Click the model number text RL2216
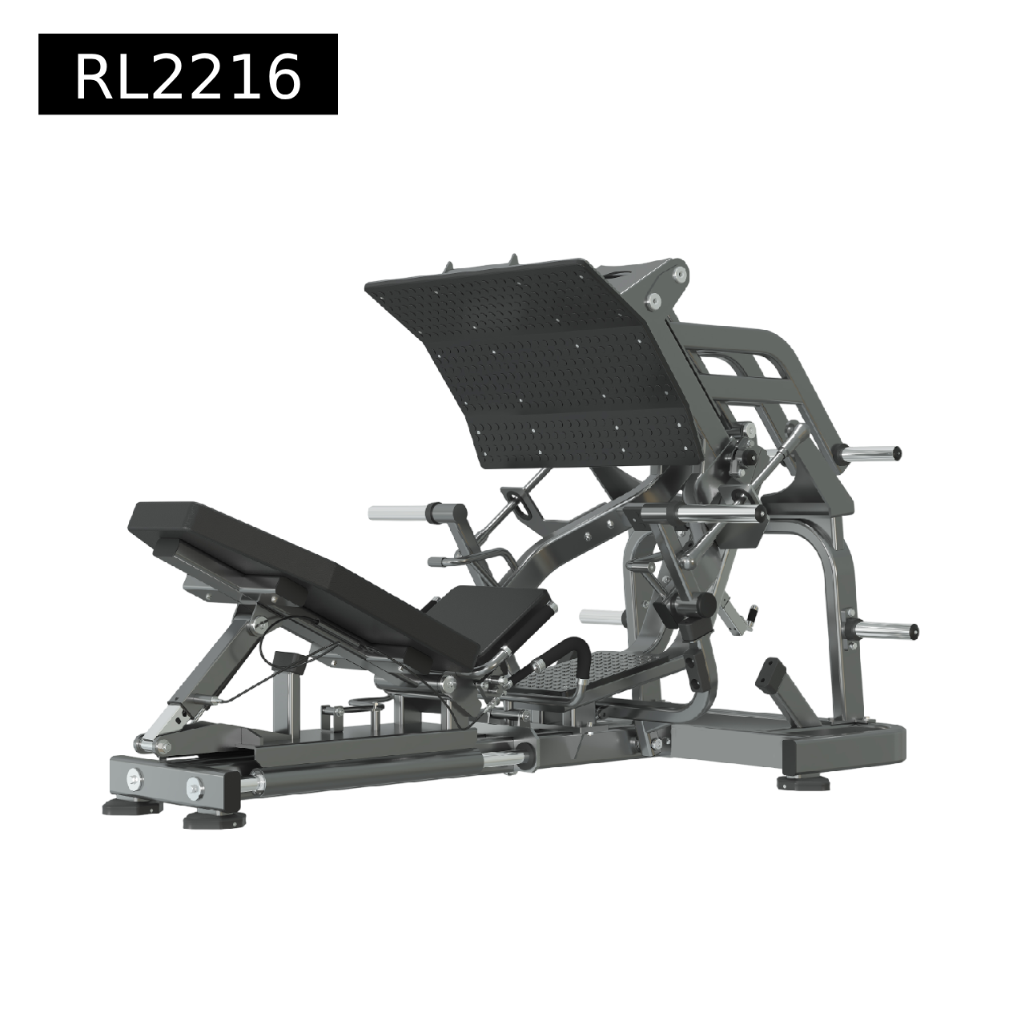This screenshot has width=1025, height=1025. point(187,78)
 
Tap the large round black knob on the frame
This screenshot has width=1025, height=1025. point(704,605)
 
